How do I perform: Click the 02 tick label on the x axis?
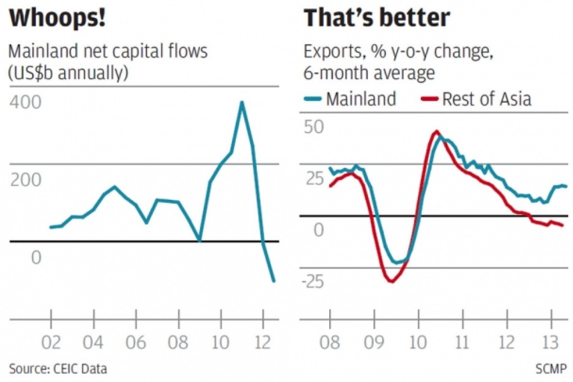pos(51,342)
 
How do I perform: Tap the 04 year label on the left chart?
pos(93,342)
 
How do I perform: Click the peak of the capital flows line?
pos(242,102)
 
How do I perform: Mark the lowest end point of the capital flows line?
pos(274,281)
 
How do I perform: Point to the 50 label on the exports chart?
pos(314,126)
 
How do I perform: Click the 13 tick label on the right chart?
pos(551,342)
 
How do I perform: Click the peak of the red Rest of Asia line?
pos(436,131)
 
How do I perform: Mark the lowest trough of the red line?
pos(390,281)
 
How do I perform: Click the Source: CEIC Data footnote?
pos(58,369)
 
